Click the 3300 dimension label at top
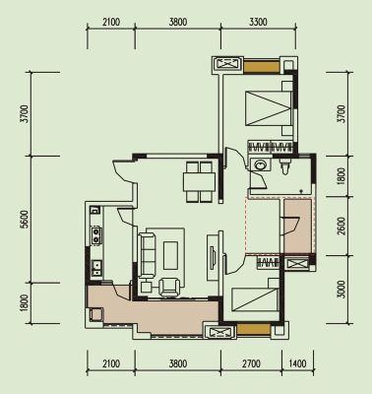pos(258,23)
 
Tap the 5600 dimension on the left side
pos(24,220)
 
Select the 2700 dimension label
pos(252,363)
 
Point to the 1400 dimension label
pos(298,363)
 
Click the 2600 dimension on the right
pos(341,226)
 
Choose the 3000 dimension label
pos(341,289)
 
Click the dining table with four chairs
pos(199,181)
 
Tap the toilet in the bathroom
pos(284,166)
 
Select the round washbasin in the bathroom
pos(261,164)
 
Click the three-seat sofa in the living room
pos(147,255)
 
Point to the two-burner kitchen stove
pos(95,235)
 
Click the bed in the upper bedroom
pos(269,108)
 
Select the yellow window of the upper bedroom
pos(262,67)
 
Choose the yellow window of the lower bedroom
pos(253,329)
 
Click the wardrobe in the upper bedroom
pos(270,147)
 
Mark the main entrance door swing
pos(124,170)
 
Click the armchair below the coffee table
pos(169,287)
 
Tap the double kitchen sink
pos(95,267)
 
